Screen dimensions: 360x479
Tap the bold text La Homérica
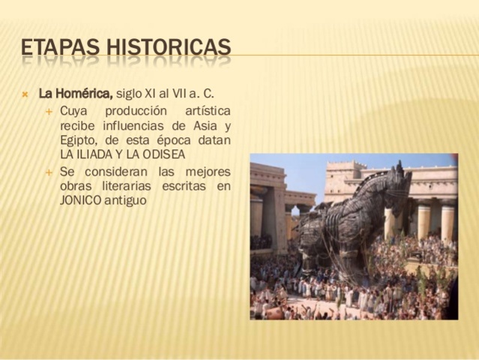[x=76, y=94]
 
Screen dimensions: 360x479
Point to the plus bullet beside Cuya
[x=49, y=111]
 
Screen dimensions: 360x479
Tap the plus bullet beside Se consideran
[x=49, y=172]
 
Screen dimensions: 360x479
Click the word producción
[x=134, y=111]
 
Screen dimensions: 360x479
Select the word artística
[x=204, y=111]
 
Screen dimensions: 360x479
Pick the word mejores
[x=207, y=172]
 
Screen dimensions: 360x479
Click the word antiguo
[x=125, y=200]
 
